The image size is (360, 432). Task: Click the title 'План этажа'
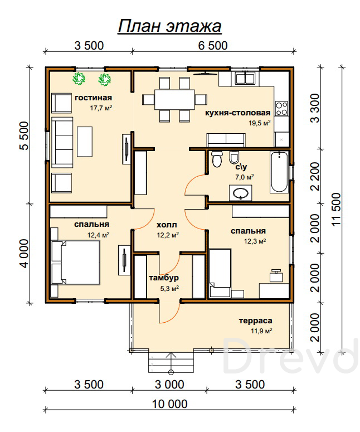pyautogui.click(x=169, y=27)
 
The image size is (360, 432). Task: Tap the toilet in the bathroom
pyautogui.click(x=217, y=159)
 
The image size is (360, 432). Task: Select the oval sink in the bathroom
pyautogui.click(x=240, y=193)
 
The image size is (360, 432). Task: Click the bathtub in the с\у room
pyautogui.click(x=280, y=171)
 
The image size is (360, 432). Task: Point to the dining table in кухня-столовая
pyautogui.click(x=174, y=99)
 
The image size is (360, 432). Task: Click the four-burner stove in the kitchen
pyautogui.click(x=282, y=109)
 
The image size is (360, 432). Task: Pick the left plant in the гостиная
pyautogui.click(x=79, y=79)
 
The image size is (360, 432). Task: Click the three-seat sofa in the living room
pyautogui.click(x=62, y=143)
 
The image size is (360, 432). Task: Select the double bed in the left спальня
pyautogui.click(x=75, y=263)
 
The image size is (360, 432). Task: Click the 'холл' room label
pyautogui.click(x=167, y=225)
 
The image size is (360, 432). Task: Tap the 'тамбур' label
pyautogui.click(x=164, y=278)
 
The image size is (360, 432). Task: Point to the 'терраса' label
pyautogui.click(x=255, y=321)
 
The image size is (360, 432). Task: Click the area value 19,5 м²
pyautogui.click(x=260, y=123)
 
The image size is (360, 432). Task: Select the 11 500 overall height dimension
pyautogui.click(x=337, y=209)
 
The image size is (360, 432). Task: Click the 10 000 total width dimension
pyautogui.click(x=169, y=404)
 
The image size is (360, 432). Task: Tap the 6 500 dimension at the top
pyautogui.click(x=213, y=46)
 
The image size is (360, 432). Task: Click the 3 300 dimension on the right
pyautogui.click(x=315, y=108)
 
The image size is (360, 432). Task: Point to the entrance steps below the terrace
pyautogui.click(x=171, y=362)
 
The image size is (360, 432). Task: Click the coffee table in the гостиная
pyautogui.click(x=85, y=142)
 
